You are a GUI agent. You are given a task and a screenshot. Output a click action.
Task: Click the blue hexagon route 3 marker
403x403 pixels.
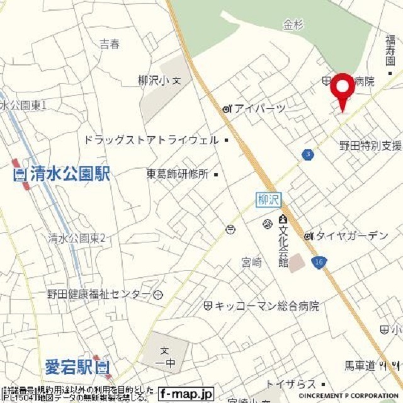point(307,154)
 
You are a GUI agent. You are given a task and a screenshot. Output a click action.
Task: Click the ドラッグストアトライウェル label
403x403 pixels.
point(151,140)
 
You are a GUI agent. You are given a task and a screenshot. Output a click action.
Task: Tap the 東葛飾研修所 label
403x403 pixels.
point(178,174)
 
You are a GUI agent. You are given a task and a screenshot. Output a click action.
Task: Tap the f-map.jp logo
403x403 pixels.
point(186,394)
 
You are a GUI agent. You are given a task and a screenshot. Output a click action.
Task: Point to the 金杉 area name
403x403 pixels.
point(293,25)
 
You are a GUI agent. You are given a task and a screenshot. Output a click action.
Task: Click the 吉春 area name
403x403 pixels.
point(110,44)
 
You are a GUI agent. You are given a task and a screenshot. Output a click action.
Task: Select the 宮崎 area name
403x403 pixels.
point(251,263)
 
